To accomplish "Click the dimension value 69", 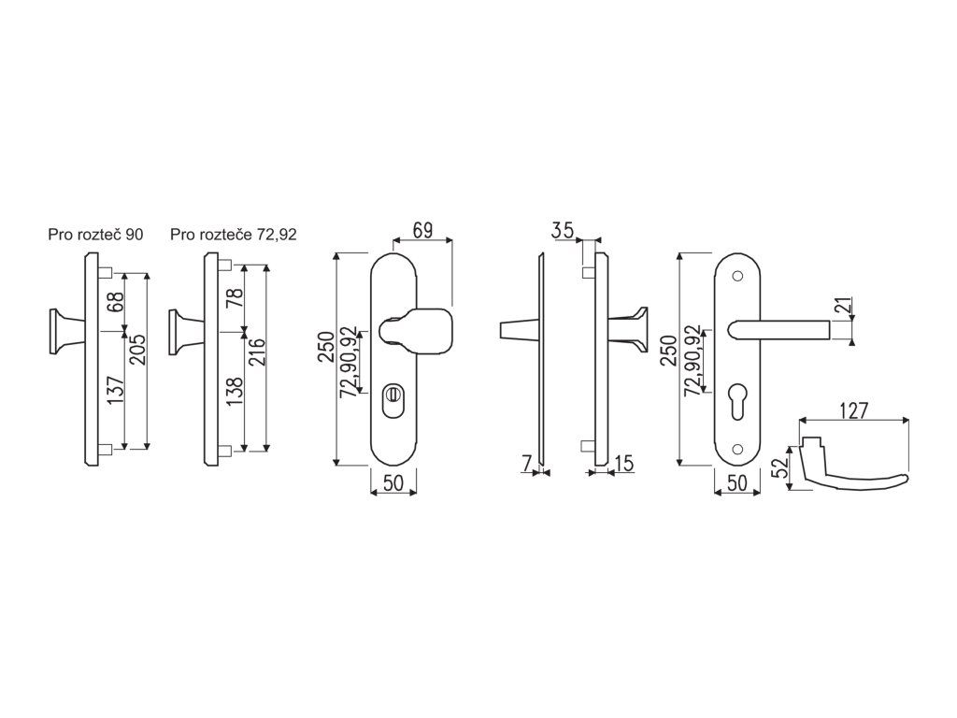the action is (422, 230).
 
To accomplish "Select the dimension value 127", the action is (854, 411).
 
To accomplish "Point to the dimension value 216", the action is (258, 352).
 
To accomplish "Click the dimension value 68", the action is (117, 302).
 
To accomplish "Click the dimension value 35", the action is (562, 230).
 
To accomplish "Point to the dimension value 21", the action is (844, 307).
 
